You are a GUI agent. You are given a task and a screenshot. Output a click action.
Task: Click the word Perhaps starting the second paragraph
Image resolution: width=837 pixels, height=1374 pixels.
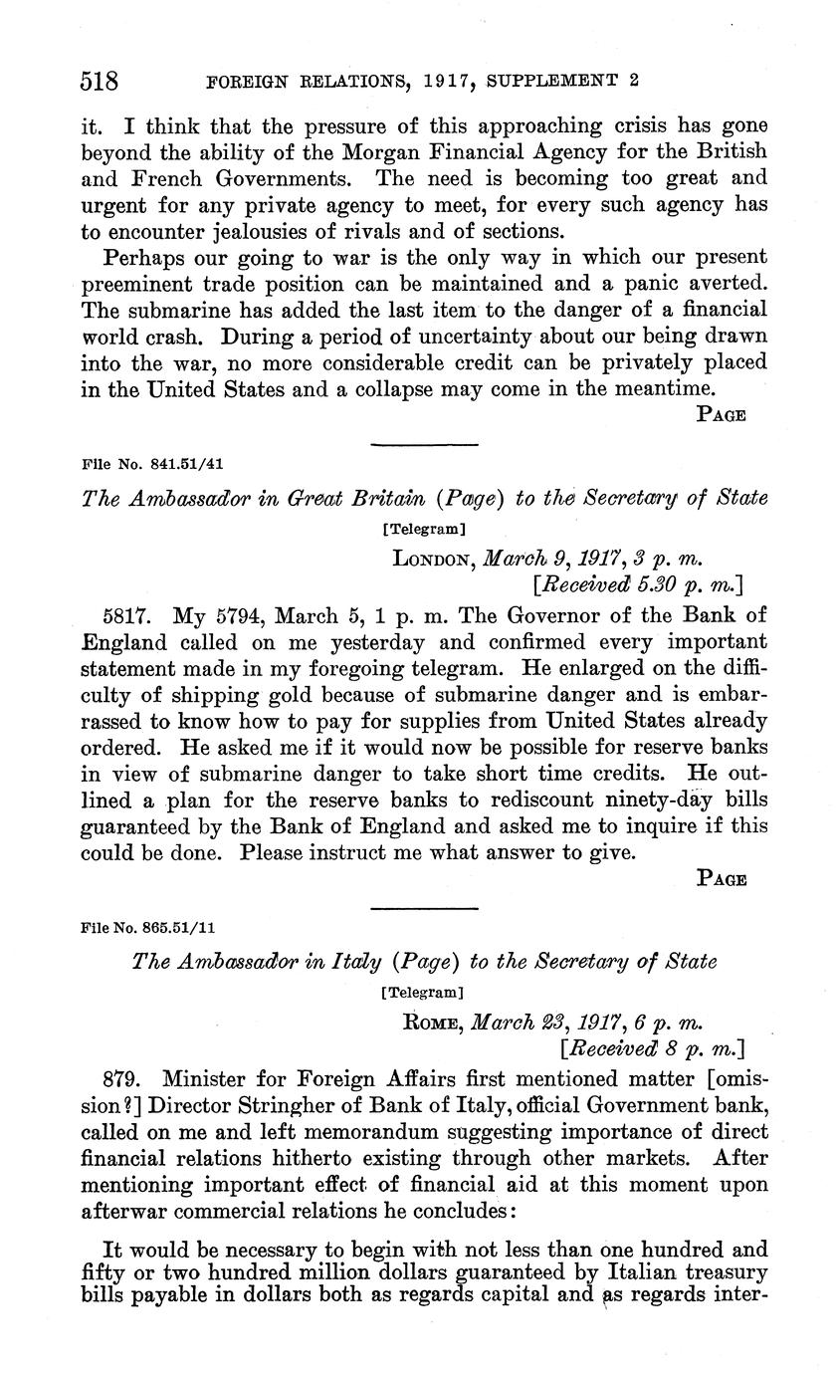142,257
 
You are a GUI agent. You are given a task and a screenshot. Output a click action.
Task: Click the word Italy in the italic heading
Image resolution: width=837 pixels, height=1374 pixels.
343,962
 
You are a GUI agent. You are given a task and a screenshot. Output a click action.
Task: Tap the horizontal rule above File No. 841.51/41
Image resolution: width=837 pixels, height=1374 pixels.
424,444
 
